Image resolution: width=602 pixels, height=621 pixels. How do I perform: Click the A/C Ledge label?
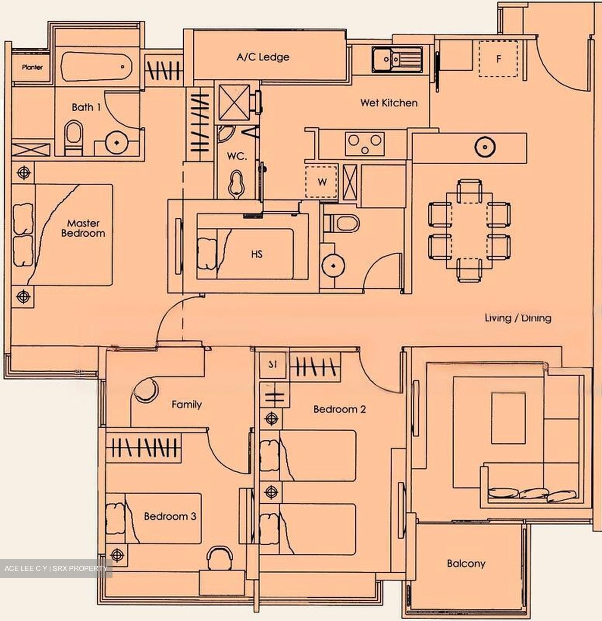[263, 57]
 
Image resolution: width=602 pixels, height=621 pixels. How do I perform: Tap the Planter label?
[32, 68]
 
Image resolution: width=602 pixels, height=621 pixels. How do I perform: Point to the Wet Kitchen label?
[389, 103]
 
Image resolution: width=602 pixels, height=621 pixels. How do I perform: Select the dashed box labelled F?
[498, 59]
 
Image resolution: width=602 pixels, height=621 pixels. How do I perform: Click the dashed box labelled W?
[322, 182]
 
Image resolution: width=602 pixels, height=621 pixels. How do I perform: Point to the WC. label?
[237, 157]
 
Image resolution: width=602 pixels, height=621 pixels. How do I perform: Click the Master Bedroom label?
[83, 229]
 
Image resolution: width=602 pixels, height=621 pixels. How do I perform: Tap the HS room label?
[257, 254]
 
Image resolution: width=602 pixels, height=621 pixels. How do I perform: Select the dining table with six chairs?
[469, 230]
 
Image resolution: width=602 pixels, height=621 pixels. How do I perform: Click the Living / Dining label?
[517, 318]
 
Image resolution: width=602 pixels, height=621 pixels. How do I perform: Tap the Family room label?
[186, 405]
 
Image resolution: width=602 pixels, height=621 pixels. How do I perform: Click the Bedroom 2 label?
[339, 409]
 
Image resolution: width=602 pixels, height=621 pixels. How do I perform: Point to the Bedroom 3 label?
[170, 516]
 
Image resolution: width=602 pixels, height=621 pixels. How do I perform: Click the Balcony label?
[466, 563]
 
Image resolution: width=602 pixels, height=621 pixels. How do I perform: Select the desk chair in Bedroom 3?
[220, 558]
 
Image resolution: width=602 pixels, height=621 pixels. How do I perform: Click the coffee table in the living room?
[508, 418]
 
